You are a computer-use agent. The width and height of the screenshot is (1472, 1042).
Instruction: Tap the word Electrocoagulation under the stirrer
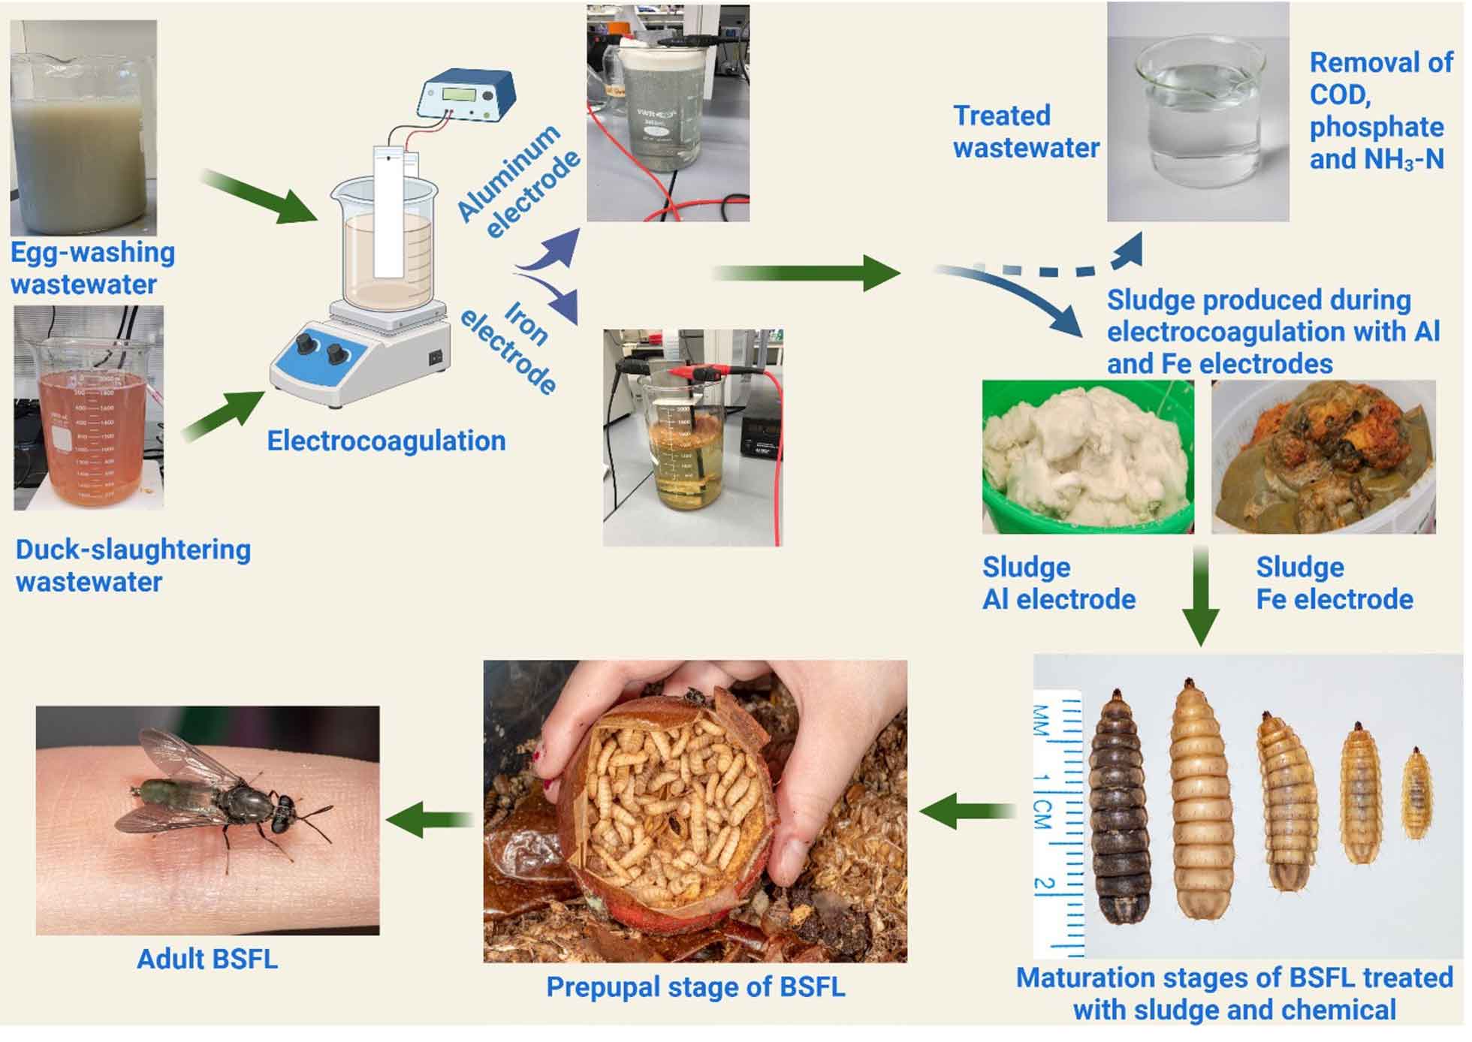(x=387, y=441)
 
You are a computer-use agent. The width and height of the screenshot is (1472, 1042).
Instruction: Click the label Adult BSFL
(x=207, y=959)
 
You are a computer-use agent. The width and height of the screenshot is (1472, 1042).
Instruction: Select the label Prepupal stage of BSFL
(x=695, y=986)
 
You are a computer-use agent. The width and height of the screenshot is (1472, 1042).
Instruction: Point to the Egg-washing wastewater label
(x=92, y=268)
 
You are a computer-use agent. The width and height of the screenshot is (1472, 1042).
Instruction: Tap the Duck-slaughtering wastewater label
(x=133, y=565)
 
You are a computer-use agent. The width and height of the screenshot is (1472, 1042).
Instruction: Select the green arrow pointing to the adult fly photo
(x=430, y=818)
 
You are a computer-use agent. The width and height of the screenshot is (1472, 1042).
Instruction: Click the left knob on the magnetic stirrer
(x=306, y=345)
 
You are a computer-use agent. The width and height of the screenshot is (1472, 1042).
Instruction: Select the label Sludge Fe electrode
(x=1335, y=583)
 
